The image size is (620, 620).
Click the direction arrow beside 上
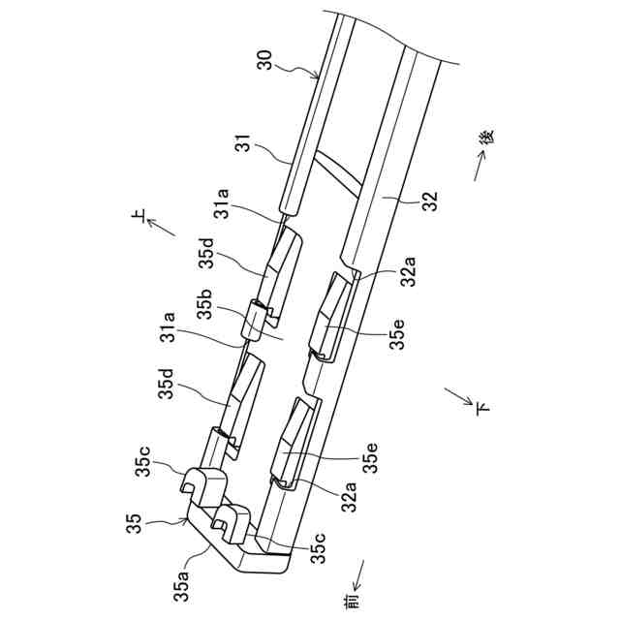pyautogui.click(x=162, y=230)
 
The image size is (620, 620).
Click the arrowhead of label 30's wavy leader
pyautogui.click(x=315, y=76)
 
